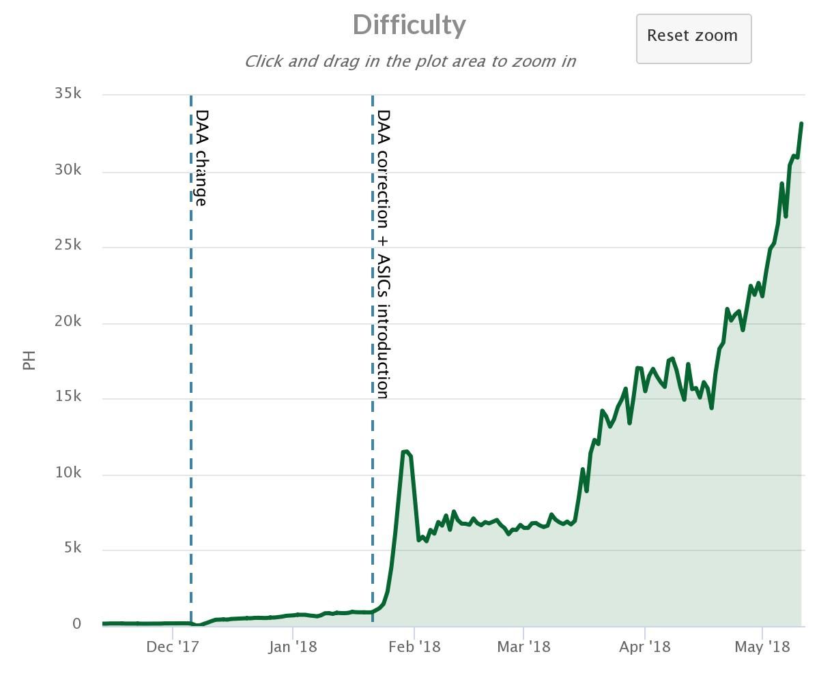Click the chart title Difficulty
pyautogui.click(x=409, y=25)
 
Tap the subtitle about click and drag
pyautogui.click(x=409, y=61)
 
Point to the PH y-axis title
pyautogui.click(x=29, y=359)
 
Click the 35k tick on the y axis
pyautogui.click(x=68, y=93)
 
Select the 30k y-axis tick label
pyautogui.click(x=68, y=170)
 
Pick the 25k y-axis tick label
pyautogui.click(x=68, y=245)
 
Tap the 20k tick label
pyautogui.click(x=68, y=321)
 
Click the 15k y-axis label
pyautogui.click(x=68, y=396)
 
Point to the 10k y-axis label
pyautogui.click(x=68, y=473)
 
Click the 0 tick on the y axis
pyautogui.click(x=77, y=623)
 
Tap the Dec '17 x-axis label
pyautogui.click(x=172, y=647)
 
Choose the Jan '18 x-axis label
pyautogui.click(x=292, y=647)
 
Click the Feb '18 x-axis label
pyautogui.click(x=414, y=647)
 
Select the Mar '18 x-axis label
pyautogui.click(x=523, y=647)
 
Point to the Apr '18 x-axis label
pyautogui.click(x=644, y=647)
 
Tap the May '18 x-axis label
pyautogui.click(x=762, y=647)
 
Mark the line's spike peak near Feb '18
pyautogui.click(x=405, y=451)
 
